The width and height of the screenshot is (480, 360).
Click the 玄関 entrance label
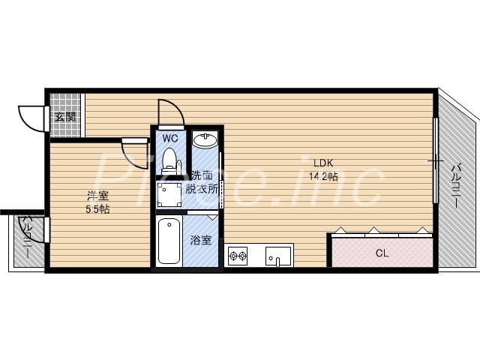click(65, 116)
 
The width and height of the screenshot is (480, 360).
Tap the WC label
click(169, 138)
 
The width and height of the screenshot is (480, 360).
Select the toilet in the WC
click(169, 160)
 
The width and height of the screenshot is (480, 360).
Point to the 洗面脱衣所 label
click(203, 184)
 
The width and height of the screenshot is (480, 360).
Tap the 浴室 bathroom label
click(200, 241)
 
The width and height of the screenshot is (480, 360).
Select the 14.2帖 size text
click(323, 176)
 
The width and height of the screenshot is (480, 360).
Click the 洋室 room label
click(97, 196)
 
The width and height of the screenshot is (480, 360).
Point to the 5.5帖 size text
click(97, 209)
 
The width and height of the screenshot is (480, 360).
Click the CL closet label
click(382, 253)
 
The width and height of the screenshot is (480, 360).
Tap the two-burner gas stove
click(238, 257)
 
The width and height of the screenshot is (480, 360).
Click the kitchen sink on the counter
click(277, 256)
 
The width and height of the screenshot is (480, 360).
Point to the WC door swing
click(170, 112)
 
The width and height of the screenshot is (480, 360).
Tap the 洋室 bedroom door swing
click(135, 154)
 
